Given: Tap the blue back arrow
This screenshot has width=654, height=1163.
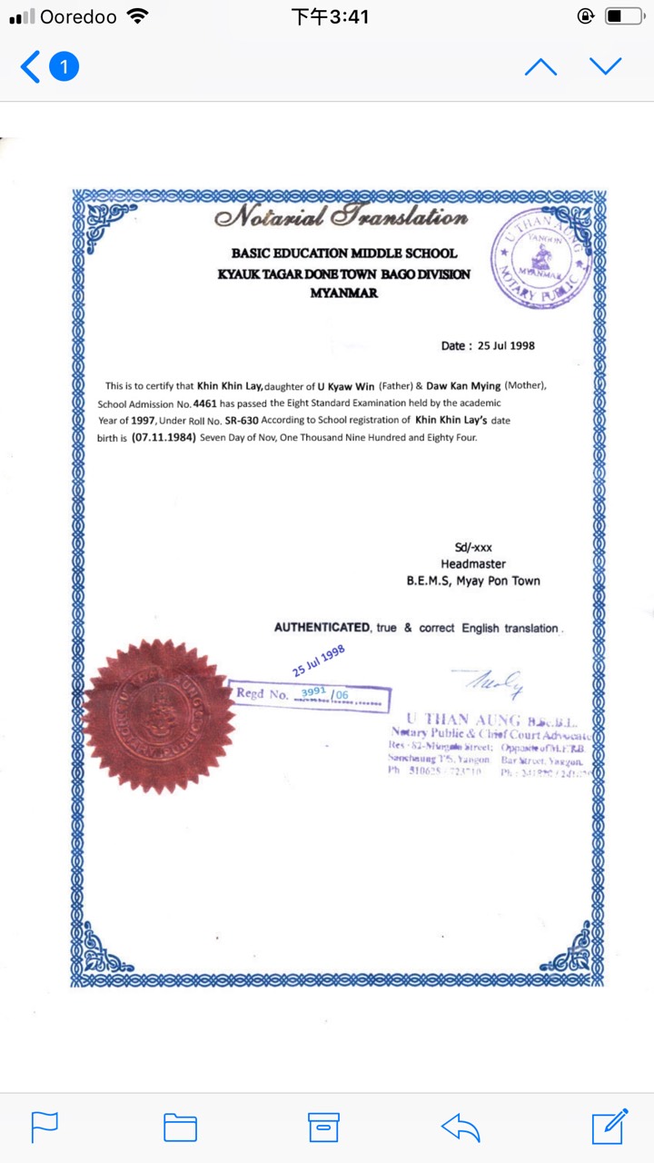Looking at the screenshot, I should (x=31, y=66).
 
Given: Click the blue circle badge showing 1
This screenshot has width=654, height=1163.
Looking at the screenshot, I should (x=64, y=66).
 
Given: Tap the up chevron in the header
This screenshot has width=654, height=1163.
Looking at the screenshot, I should (x=540, y=66).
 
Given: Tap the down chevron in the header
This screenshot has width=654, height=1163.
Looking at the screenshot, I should (x=605, y=66).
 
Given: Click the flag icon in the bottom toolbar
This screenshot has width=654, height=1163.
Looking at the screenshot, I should (x=45, y=1127).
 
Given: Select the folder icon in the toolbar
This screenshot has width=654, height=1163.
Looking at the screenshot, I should (x=180, y=1127).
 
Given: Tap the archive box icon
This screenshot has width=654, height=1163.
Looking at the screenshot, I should (x=323, y=1127).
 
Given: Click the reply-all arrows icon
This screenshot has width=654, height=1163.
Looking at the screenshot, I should (x=461, y=1128).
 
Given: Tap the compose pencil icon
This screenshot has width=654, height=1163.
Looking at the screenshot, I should (x=609, y=1126).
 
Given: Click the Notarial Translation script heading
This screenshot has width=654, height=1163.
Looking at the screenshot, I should (x=341, y=218).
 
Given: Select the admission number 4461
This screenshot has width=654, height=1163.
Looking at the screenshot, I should (x=204, y=402).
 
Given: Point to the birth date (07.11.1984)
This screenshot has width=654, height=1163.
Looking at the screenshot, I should (x=163, y=437).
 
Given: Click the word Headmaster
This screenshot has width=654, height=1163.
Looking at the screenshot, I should (x=473, y=564).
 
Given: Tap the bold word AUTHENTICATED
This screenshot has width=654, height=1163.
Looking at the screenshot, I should (x=322, y=628).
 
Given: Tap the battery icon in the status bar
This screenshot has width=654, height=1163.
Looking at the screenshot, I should (x=625, y=16).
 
